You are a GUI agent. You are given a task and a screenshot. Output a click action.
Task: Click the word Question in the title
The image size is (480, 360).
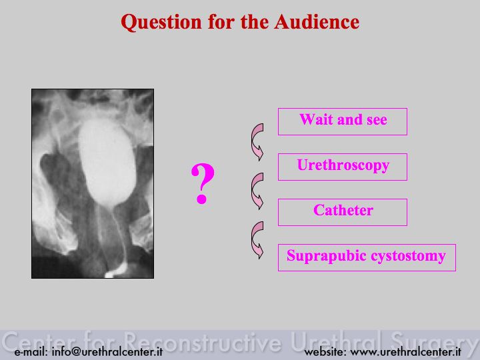161,23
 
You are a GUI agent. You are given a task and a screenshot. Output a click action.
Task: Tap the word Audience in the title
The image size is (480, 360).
317,22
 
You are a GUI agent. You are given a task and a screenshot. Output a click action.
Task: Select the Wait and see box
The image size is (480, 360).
343,121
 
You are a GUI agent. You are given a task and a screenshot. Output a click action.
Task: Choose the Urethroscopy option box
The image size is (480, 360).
343,167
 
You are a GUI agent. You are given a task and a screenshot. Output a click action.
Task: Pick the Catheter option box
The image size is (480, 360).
343,212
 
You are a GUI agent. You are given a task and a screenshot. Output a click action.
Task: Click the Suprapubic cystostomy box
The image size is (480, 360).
367,257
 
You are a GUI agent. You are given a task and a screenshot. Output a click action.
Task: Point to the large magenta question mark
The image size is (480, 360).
203,183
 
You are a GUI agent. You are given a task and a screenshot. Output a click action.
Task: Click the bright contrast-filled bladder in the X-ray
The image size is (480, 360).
107,161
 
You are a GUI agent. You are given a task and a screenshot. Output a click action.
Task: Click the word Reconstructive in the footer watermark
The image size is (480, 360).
203,341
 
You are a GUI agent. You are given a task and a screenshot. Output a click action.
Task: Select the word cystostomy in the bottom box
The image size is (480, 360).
409,256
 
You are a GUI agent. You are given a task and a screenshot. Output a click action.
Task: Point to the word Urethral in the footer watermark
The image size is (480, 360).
336,341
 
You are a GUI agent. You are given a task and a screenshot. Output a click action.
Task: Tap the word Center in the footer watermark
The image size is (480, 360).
40,341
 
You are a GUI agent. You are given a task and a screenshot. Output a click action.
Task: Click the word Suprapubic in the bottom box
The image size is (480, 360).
327,256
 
